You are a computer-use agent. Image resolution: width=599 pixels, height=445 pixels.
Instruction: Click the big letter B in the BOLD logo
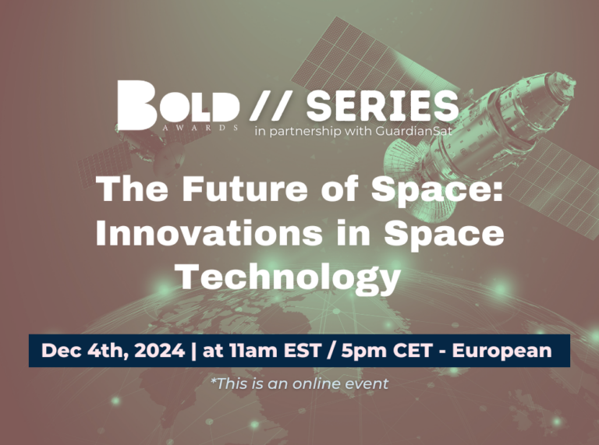pos(136,105)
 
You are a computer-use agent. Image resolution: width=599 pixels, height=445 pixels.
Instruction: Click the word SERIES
pos(382,105)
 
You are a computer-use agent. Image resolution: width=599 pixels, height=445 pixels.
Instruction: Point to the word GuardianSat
pos(413,131)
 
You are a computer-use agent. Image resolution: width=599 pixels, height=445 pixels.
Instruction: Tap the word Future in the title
pos(244,189)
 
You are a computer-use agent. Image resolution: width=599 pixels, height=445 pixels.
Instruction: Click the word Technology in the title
pos(289,277)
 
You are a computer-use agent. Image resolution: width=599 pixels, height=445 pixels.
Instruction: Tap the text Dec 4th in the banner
pos(83,351)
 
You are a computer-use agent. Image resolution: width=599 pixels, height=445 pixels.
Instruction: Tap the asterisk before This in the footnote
pos(214,380)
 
